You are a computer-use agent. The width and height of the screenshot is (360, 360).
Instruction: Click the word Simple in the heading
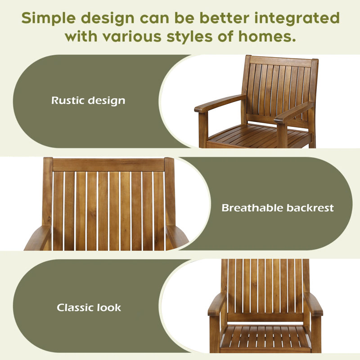point(49,18)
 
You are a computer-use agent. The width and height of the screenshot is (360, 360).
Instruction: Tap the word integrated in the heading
point(297,18)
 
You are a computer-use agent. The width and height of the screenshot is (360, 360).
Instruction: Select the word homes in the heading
point(267,36)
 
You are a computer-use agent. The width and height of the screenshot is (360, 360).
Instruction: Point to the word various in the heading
point(132,37)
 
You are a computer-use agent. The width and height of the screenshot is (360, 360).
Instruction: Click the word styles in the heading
point(189,37)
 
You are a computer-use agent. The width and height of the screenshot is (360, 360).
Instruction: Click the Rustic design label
point(88,100)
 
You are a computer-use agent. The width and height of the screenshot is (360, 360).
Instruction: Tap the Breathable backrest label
point(278,208)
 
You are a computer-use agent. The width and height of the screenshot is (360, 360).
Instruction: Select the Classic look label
point(89,307)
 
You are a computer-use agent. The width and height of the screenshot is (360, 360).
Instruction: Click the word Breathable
point(252,208)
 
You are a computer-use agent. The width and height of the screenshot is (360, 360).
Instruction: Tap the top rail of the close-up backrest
point(108,165)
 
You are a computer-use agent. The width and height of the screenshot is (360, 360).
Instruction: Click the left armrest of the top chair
point(219,103)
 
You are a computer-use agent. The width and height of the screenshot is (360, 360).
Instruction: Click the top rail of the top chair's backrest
point(280,62)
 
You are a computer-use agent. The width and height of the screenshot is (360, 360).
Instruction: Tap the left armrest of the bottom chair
point(217,304)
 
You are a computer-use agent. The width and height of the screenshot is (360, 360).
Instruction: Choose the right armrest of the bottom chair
point(313,304)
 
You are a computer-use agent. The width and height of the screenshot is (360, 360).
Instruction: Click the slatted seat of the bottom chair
point(265,337)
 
